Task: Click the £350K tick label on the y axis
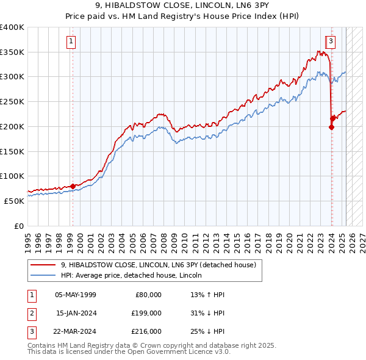click(12, 52)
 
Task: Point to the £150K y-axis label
click(12, 151)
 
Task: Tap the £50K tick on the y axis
click(14, 201)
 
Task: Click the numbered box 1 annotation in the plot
click(71, 41)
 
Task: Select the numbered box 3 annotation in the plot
click(331, 41)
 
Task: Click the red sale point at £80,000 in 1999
click(73, 185)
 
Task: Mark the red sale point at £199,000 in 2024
click(331, 127)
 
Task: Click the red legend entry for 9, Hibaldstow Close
click(162, 265)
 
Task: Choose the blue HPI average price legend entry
click(131, 276)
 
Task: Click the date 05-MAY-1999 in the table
click(76, 295)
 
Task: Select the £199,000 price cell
click(147, 313)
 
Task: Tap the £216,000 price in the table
click(147, 331)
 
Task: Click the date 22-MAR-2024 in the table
click(76, 331)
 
